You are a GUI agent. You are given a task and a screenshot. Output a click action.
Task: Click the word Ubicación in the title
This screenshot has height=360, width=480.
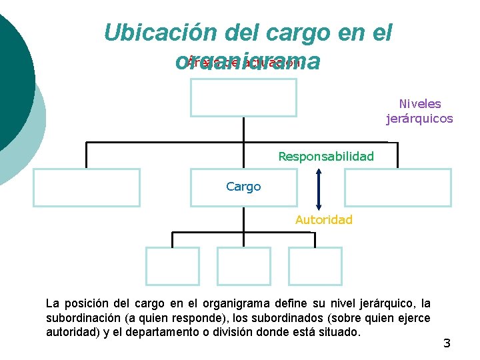(x=150, y=33)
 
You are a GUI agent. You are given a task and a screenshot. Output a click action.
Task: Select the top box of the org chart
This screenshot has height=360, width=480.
(x=243, y=97)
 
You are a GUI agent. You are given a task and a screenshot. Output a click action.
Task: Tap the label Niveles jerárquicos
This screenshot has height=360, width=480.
(x=419, y=111)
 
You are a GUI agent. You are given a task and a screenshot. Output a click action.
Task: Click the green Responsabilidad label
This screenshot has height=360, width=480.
(x=326, y=157)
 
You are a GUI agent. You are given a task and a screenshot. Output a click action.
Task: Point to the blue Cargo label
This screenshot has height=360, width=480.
(x=243, y=187)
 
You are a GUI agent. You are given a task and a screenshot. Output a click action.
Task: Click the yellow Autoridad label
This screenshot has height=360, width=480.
(x=324, y=219)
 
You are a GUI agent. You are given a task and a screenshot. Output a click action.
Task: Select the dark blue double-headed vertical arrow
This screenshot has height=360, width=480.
(x=319, y=189)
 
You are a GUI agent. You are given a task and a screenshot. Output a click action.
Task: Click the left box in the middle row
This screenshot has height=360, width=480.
(x=87, y=187)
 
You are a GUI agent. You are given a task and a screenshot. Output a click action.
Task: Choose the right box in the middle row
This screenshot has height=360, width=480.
(x=398, y=187)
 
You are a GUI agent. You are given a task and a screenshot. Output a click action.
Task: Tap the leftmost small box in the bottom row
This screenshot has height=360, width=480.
(x=173, y=266)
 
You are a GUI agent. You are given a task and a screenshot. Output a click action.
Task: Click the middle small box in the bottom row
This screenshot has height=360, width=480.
(x=244, y=266)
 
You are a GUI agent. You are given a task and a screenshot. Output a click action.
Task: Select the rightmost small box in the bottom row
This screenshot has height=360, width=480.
(x=315, y=266)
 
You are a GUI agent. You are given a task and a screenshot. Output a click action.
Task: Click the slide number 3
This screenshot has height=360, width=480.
(x=447, y=343)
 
